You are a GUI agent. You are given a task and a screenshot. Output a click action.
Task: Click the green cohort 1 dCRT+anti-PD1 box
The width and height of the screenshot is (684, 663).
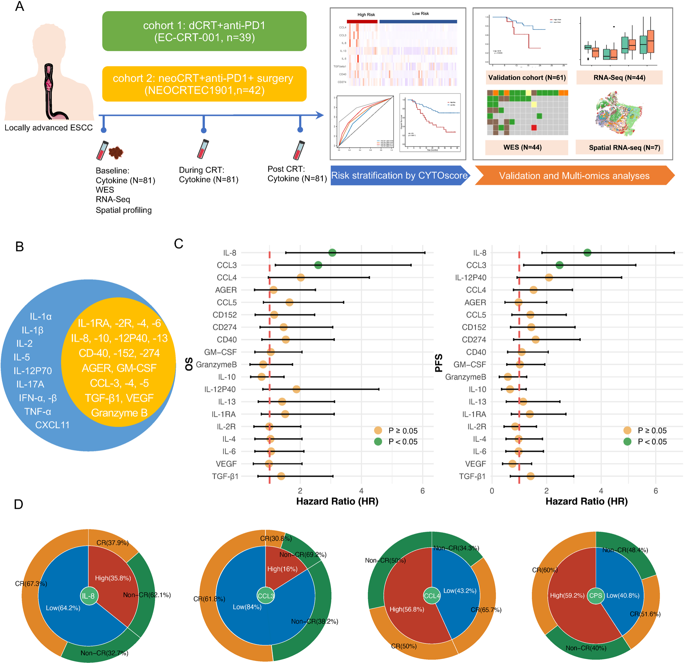(204, 31)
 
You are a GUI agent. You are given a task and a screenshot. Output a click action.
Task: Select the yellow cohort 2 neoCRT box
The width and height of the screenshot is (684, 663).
(204, 84)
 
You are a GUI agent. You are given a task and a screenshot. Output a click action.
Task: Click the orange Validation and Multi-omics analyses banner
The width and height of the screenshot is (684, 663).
(574, 176)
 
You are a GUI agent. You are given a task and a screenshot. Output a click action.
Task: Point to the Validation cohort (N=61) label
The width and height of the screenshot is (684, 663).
(527, 78)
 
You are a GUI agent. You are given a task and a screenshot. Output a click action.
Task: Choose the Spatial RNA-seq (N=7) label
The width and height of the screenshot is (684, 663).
(624, 148)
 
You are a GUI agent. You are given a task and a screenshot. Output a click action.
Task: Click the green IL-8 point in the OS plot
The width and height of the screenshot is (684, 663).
(332, 253)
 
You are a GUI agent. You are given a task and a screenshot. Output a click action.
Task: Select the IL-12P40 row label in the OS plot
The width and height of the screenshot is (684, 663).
(220, 389)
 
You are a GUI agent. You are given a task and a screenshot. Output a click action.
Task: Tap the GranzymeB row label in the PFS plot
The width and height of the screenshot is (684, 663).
(465, 377)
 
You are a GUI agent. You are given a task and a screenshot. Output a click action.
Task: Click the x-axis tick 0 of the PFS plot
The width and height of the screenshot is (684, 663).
(492, 491)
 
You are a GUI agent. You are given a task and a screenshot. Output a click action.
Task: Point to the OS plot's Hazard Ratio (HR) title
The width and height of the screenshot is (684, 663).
(337, 501)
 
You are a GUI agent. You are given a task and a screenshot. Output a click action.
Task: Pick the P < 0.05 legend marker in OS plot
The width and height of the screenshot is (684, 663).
(378, 442)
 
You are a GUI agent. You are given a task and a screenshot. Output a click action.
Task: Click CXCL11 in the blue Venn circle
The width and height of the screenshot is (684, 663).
(52, 425)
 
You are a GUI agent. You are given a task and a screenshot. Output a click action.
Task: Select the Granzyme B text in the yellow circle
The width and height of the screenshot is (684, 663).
(119, 413)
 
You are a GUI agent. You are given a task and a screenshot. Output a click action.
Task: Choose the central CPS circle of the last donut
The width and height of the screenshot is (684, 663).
(595, 595)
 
